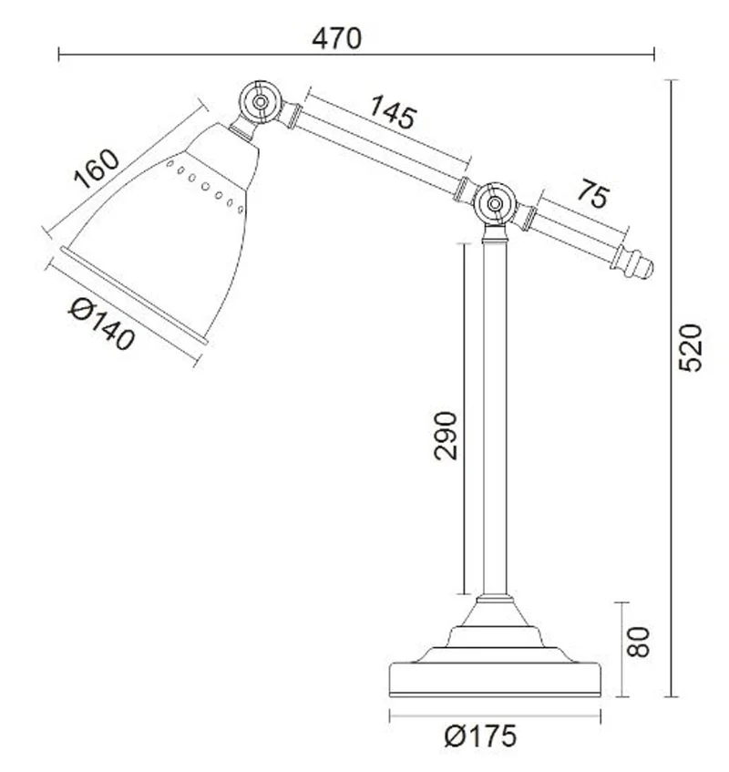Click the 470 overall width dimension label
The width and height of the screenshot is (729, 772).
pos(336,38)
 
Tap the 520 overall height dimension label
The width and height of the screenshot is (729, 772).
pos(690,347)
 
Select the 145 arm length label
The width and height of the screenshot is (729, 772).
pos(393,112)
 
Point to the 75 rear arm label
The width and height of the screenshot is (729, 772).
pos(593,194)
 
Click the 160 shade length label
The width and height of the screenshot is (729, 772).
pos(96,169)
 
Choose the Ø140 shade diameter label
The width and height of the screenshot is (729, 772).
pos(101,325)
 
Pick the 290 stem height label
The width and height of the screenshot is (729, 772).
pos(446,436)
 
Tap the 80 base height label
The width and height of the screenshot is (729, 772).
pos(639,642)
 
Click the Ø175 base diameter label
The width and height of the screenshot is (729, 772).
pos(480,736)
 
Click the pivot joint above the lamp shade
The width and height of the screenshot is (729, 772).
pos(261,102)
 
